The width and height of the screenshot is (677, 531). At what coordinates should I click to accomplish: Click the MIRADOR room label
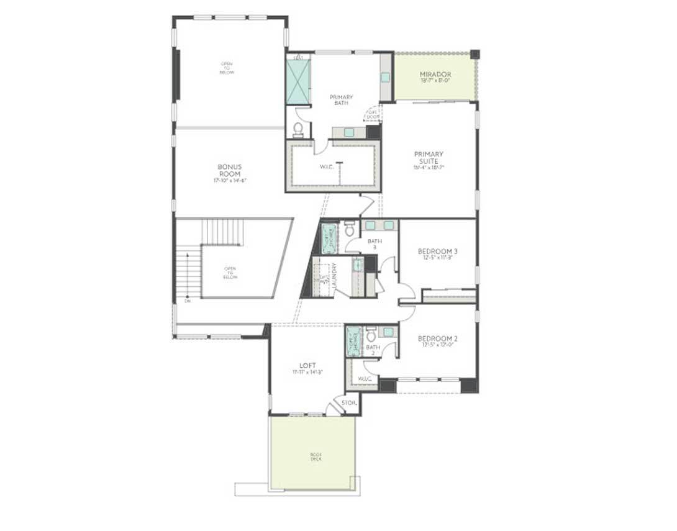[x=435, y=75]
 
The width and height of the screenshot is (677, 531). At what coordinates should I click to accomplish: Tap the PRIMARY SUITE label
[x=429, y=157]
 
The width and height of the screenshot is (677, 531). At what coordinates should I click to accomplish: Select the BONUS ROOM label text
[x=229, y=170]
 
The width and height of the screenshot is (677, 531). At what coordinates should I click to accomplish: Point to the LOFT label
[x=308, y=365]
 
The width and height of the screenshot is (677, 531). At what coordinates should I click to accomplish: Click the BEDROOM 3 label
[x=437, y=251]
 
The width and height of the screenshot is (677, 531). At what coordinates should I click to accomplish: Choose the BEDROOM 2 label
[x=437, y=338]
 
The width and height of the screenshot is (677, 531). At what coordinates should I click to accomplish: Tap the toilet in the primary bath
[x=298, y=129]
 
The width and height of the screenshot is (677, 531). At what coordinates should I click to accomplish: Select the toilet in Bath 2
[x=371, y=335]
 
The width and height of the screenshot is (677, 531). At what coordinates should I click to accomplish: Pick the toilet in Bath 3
[x=350, y=229]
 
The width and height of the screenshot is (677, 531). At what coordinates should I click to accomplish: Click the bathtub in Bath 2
[x=353, y=341]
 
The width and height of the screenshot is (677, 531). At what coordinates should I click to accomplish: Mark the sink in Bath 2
[x=388, y=332]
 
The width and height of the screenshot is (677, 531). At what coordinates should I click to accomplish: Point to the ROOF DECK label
[x=316, y=456]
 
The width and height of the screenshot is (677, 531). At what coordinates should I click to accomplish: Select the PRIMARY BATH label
[x=341, y=99]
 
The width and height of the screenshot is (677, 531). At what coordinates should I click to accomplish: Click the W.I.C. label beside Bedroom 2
[x=365, y=379]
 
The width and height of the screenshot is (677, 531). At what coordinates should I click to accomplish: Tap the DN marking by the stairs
[x=187, y=301]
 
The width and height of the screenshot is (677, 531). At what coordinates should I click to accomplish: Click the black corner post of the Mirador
[x=475, y=54]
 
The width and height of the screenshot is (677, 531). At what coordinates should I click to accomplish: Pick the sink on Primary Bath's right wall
[x=385, y=77]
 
